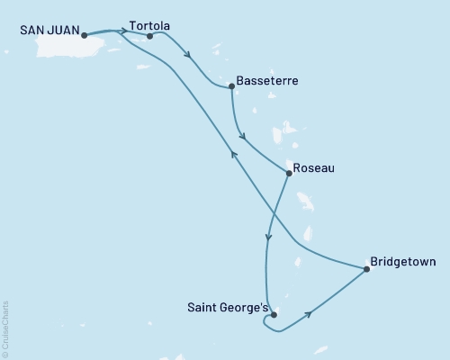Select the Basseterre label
267,81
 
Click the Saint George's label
227,308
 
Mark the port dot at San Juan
84,36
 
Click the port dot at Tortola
149,36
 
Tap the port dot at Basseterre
232,86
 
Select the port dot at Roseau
287,173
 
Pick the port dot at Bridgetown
366,268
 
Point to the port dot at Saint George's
273,315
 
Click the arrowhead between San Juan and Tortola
123,31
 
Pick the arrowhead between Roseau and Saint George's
268,238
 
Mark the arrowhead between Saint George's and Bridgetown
310,314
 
